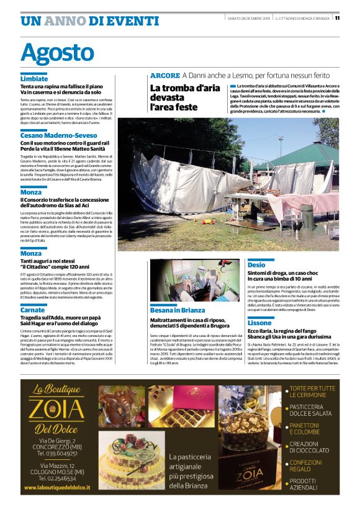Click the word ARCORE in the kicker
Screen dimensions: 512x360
pos(164,75)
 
